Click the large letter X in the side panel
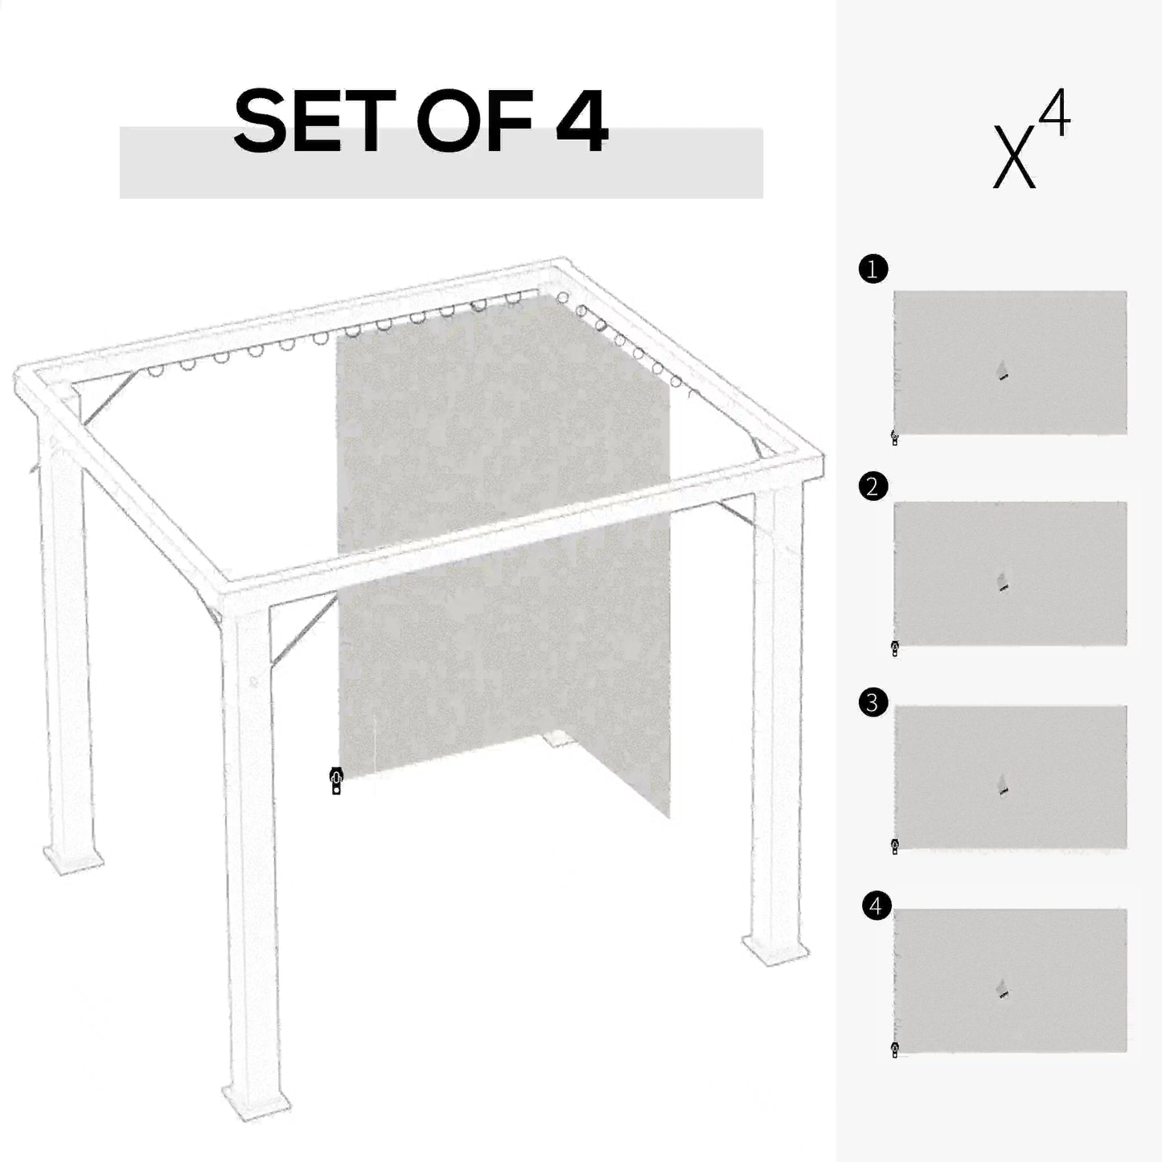1014,157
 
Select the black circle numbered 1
873,269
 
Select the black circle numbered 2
873,487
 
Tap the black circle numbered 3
873,703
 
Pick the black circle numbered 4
876,906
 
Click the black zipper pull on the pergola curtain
336,781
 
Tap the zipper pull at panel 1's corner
895,438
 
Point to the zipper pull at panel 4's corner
895,1049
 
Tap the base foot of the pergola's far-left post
74,859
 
